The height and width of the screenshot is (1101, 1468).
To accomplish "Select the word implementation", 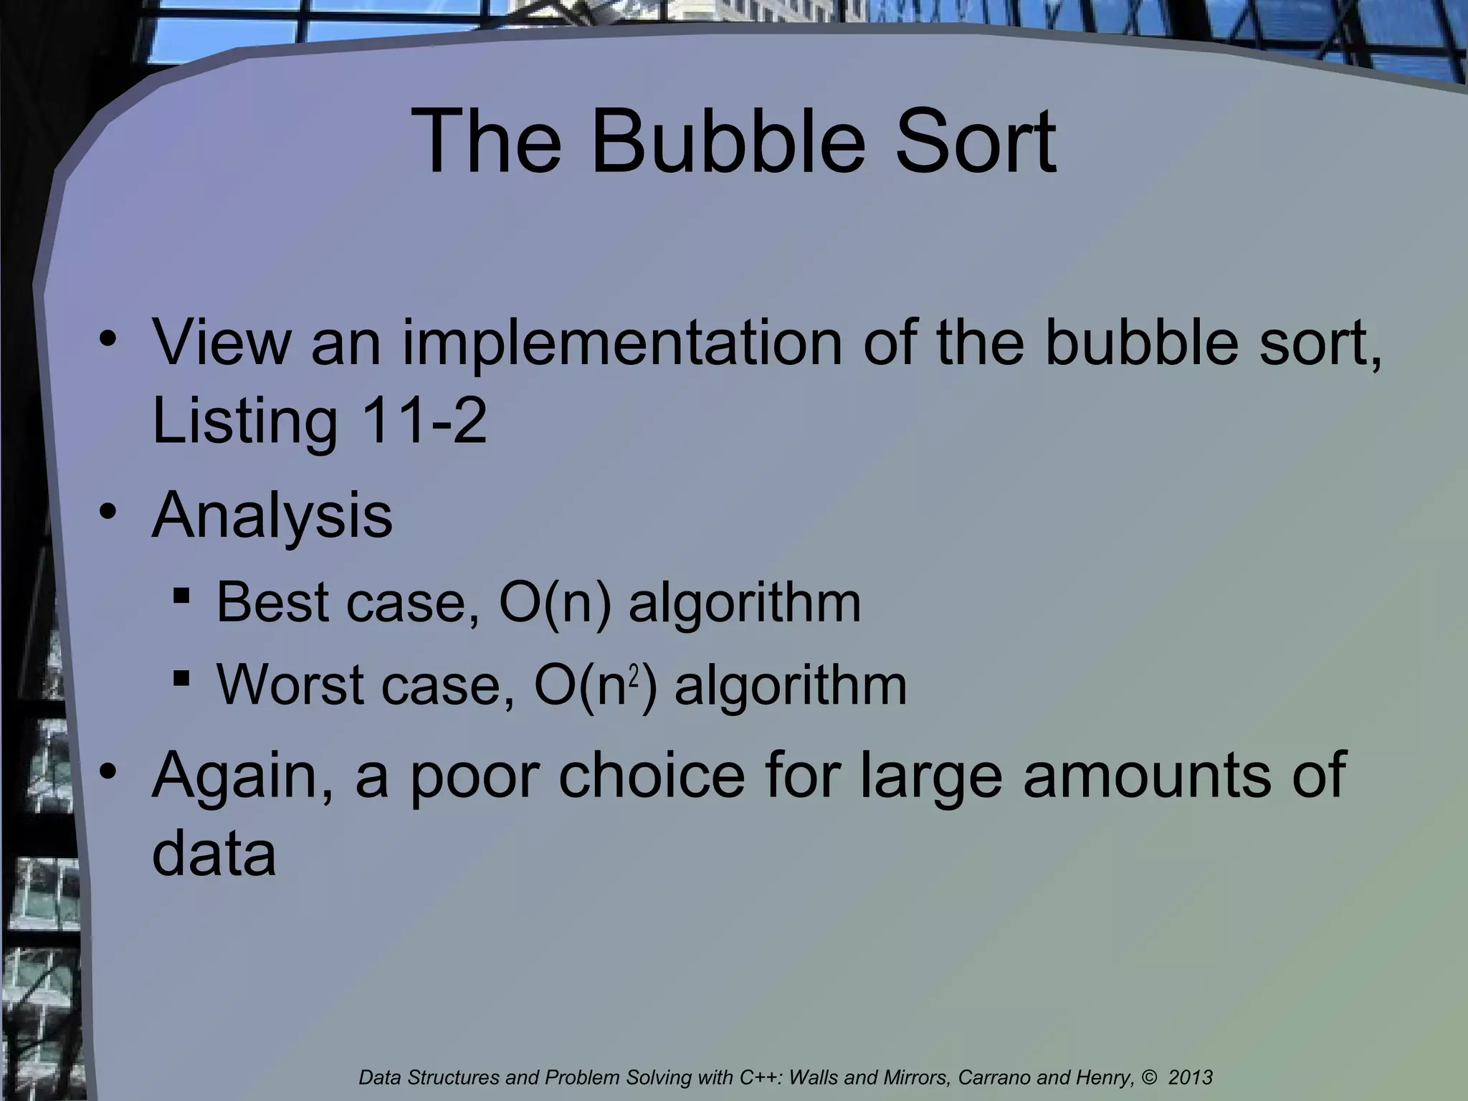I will point(621,345).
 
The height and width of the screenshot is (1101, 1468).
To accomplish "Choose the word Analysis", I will point(272,518).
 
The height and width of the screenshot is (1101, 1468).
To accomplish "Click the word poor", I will point(474,777).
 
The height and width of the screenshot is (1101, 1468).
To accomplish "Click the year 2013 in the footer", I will point(1191,1077).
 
